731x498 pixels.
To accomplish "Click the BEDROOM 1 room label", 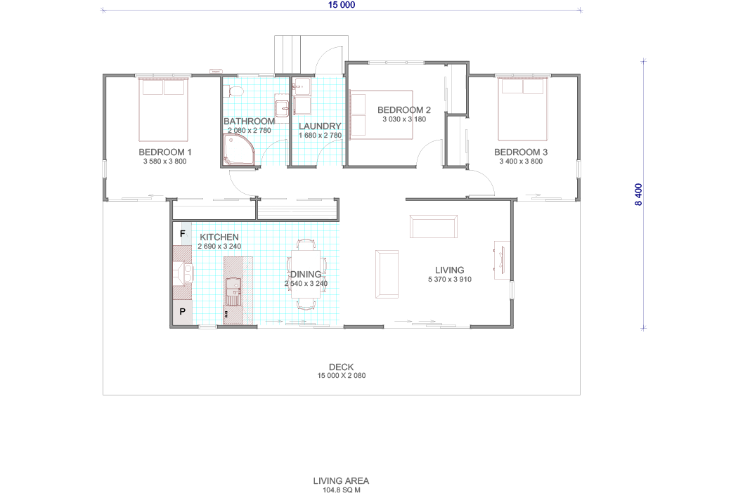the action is (165, 152).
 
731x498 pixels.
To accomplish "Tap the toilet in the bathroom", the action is (236, 91).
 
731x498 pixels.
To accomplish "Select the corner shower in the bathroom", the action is (239, 150).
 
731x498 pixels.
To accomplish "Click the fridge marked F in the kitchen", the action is (182, 234).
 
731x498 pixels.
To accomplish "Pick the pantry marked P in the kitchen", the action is (182, 312).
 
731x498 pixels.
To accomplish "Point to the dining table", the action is (306, 274).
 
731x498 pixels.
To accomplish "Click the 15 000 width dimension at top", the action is (342, 5).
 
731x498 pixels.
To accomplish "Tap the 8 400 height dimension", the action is (639, 195).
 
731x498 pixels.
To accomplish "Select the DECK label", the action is (342, 367).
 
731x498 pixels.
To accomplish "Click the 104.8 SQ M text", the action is (342, 490).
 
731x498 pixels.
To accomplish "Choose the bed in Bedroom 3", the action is (522, 110).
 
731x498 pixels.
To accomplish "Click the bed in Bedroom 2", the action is (382, 114).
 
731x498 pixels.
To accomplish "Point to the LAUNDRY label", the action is (320, 126).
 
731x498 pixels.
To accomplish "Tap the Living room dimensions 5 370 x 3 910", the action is (450, 280).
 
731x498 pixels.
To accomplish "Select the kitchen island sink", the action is (233, 291).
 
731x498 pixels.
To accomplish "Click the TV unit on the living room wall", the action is (502, 261).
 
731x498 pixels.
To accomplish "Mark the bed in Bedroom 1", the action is (163, 110).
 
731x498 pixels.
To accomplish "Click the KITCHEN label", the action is (219, 237).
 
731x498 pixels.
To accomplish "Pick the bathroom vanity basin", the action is (282, 109).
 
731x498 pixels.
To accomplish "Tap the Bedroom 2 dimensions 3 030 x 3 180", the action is (404, 119).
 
